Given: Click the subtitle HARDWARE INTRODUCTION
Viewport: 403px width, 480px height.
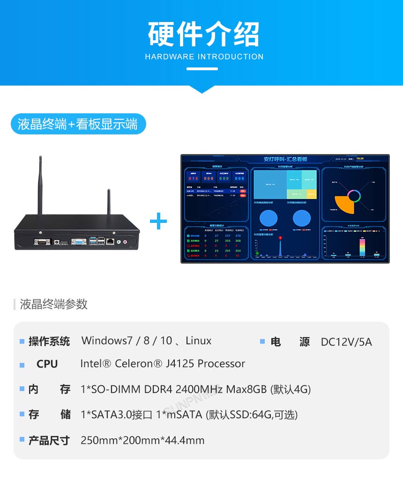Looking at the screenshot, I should [204, 57].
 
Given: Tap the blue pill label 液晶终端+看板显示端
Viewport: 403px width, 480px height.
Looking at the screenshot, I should [78, 124].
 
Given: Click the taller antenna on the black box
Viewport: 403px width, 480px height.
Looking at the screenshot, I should [40, 185].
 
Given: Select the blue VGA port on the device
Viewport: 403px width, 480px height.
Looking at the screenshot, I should [78, 242].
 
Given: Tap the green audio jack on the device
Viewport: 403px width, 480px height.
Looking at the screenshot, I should [119, 242].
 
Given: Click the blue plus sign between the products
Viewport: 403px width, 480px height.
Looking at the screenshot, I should [158, 221].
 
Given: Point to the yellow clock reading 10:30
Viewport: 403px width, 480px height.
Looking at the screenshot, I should [360, 158].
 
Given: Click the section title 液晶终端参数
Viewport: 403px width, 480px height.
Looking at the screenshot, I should [53, 304].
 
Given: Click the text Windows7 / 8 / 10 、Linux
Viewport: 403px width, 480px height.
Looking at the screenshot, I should [146, 340].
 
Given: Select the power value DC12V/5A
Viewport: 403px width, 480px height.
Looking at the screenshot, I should [346, 342].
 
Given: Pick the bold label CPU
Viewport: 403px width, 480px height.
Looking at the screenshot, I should [47, 364].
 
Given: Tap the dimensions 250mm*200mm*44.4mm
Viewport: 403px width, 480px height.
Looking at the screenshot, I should [142, 440].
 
